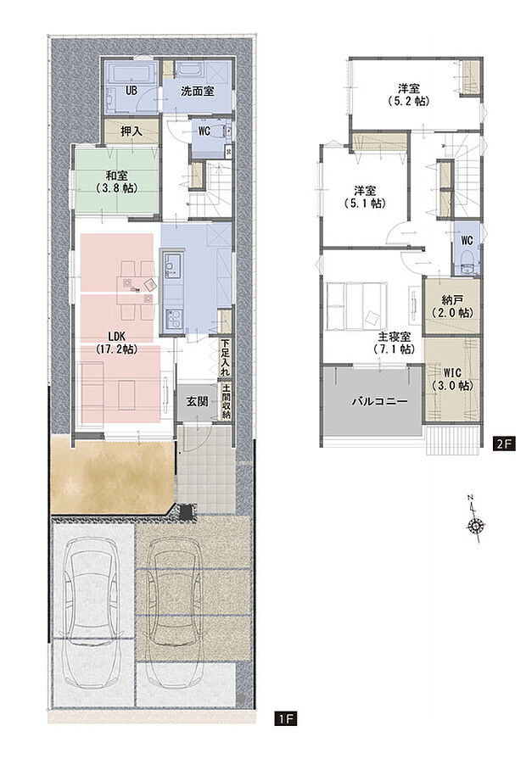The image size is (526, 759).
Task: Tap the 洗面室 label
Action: click(x=198, y=90)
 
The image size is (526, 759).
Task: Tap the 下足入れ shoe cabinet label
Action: click(x=225, y=358)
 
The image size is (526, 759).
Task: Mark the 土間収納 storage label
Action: click(x=226, y=402)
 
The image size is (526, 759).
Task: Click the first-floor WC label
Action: click(x=204, y=131)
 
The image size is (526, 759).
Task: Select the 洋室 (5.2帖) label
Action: click(x=409, y=94)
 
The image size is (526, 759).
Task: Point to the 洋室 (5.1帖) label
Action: click(x=366, y=197)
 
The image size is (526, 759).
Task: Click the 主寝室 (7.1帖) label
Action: click(x=394, y=343)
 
